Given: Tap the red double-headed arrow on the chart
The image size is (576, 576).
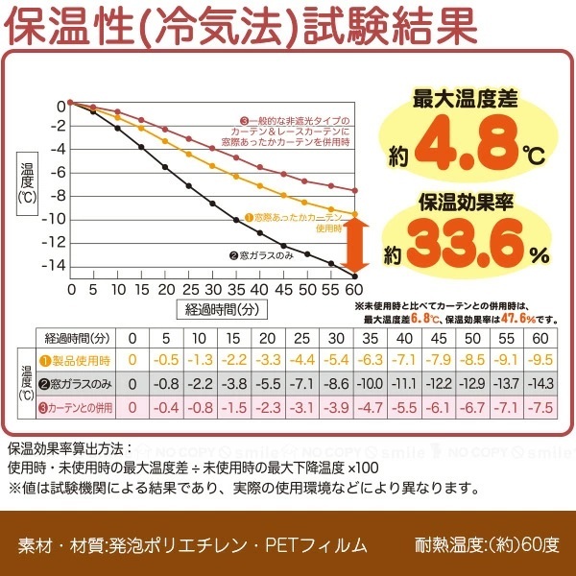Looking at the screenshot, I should click(x=354, y=244).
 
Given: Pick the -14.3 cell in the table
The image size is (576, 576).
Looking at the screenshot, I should click(x=540, y=383).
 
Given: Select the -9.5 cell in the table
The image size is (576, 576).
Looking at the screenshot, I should click(x=540, y=360).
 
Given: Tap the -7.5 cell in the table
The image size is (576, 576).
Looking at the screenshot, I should click(x=540, y=407).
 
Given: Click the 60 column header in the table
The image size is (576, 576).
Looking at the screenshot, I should click(x=540, y=337).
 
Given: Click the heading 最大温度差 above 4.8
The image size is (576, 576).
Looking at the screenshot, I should click(x=465, y=98).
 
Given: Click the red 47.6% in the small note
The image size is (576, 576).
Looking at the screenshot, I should click(x=517, y=318).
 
